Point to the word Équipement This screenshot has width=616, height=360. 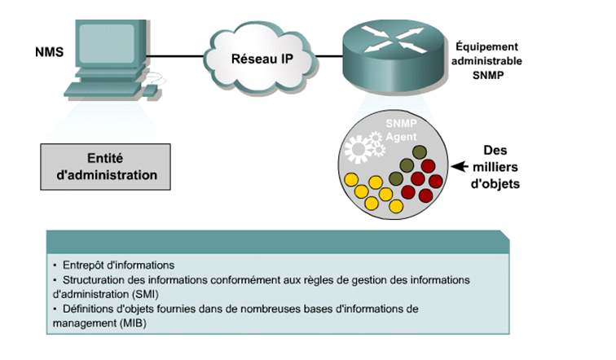point(486,47)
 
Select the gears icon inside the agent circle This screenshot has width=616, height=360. point(363,149)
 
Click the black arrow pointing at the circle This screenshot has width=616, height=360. point(462,167)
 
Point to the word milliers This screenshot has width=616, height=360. point(500,167)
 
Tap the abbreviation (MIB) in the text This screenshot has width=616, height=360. point(114,323)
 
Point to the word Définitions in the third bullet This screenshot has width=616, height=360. point(89,310)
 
